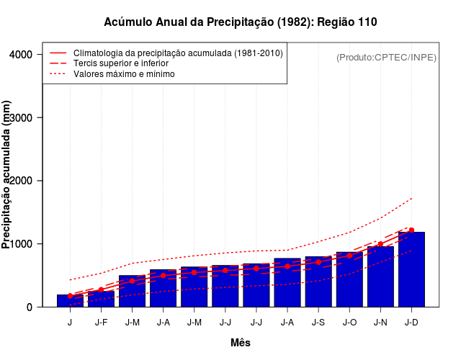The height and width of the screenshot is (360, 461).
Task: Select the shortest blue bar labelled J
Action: click(70, 302)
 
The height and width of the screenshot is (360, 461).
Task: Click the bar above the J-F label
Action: click(101, 300)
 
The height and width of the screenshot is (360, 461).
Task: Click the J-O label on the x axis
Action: click(349, 323)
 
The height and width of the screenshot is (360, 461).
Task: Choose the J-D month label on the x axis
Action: click(411, 323)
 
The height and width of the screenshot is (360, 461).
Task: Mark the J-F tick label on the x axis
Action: click(101, 323)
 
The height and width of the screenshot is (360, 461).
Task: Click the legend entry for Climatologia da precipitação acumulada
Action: click(178, 53)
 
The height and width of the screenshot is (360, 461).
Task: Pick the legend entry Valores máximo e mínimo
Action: click(123, 73)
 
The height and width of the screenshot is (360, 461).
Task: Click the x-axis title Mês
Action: click(241, 343)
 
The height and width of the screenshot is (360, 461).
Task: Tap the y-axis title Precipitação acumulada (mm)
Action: click(7, 175)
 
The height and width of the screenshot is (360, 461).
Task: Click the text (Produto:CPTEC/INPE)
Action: click(386, 57)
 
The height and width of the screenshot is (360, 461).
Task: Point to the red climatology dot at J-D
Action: click(411, 230)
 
